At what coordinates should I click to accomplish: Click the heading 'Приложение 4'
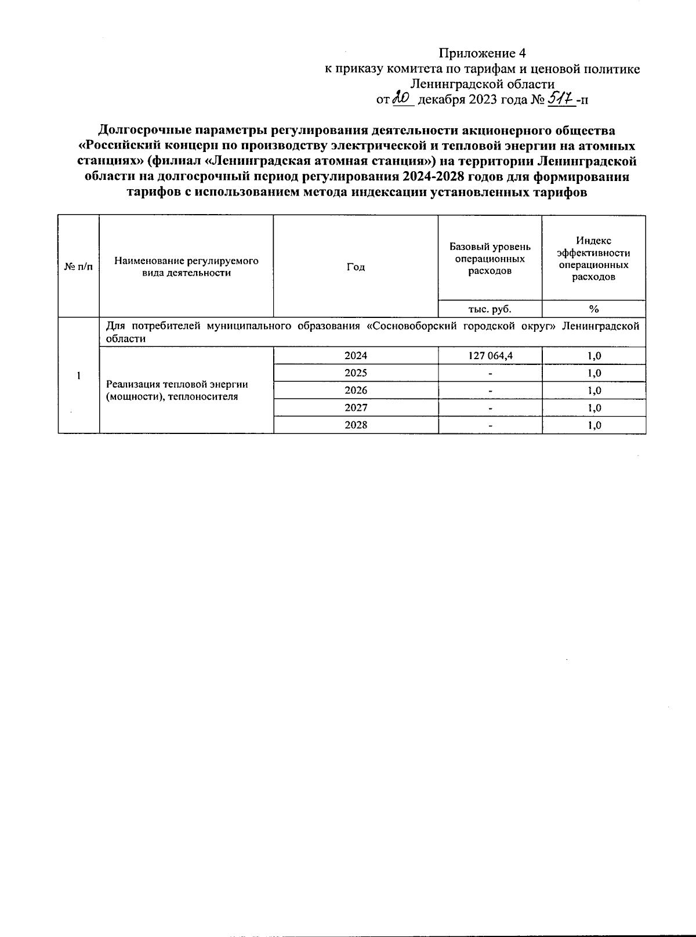click(482, 53)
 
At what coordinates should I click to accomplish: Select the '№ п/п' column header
click(78, 266)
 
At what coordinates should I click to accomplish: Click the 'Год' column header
click(356, 266)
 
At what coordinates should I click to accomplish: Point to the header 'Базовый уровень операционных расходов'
click(490, 259)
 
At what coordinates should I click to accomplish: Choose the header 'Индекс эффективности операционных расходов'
click(593, 259)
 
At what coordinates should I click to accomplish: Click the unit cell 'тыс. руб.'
click(490, 309)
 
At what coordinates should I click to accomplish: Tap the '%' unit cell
click(593, 309)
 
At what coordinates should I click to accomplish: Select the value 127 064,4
click(491, 356)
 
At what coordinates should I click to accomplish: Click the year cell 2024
click(356, 356)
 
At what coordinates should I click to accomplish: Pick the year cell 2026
click(356, 390)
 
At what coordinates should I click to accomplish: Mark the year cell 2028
click(356, 425)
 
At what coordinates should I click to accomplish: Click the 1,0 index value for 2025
click(594, 373)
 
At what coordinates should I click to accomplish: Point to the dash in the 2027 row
click(491, 408)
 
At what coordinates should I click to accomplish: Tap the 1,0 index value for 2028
click(594, 425)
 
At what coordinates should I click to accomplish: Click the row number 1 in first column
click(78, 375)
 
